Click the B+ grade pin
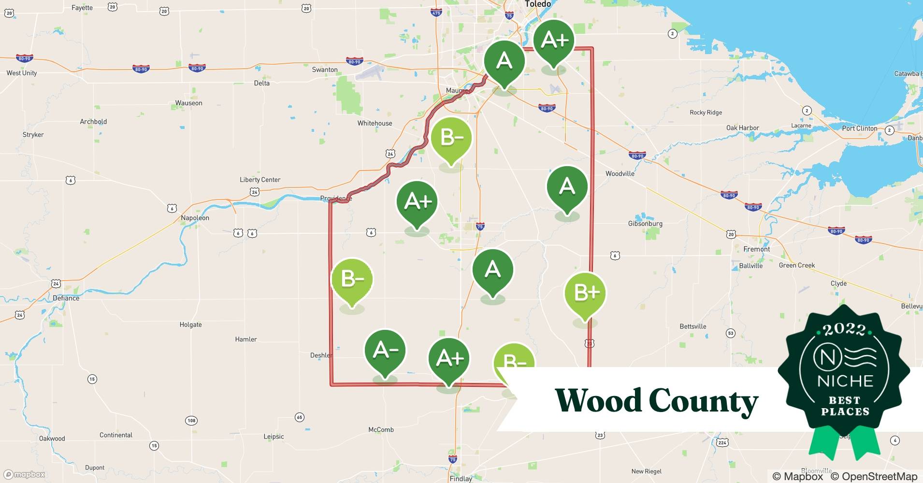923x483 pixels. (585, 294)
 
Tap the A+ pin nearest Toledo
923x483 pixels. (554, 41)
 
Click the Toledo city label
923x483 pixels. (537, 4)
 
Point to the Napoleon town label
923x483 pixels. (195, 218)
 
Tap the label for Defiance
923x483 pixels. (66, 298)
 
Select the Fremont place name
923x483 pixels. (756, 249)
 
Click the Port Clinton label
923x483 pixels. (859, 128)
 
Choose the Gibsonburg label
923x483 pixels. (645, 224)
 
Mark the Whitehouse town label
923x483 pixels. (375, 123)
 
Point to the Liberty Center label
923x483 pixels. (260, 180)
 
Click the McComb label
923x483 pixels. (381, 429)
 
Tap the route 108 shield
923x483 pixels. (191, 421)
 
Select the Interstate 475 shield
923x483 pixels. (436, 13)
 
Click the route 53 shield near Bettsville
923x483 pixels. (730, 333)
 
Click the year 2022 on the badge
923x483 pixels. (844, 329)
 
